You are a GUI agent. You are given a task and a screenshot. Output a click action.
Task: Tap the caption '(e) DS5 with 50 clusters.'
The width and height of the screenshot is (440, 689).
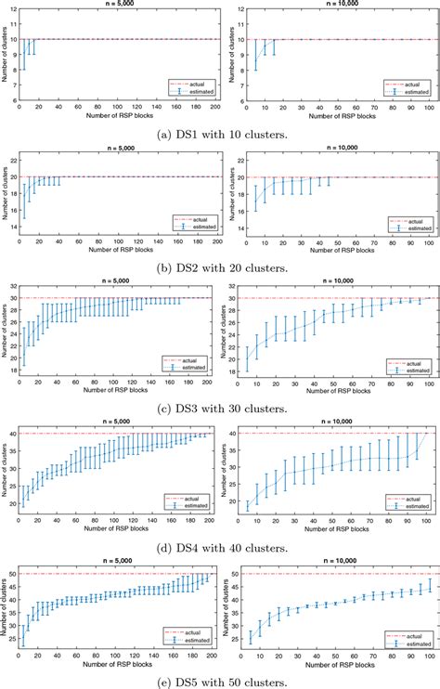(x=220, y=679)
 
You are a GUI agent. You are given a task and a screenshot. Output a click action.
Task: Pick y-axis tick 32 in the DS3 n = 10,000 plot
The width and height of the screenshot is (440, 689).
(x=239, y=270)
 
